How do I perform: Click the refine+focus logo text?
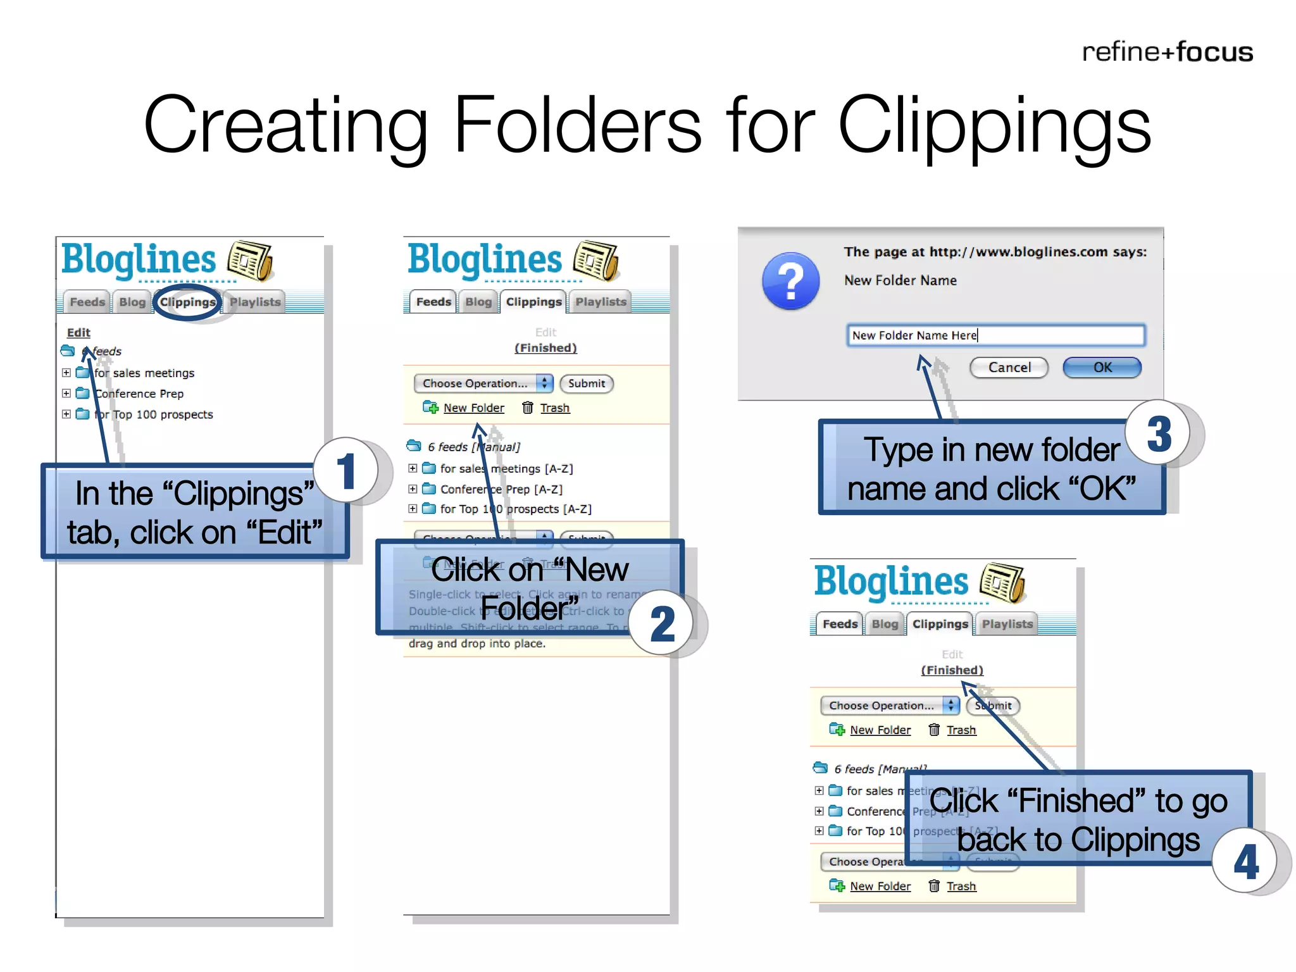[x=1167, y=52]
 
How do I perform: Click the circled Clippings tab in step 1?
[x=187, y=302]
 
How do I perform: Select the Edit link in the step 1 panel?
[x=78, y=332]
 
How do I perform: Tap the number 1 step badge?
[x=346, y=470]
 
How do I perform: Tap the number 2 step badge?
[x=662, y=623]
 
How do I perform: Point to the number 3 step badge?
[x=1158, y=434]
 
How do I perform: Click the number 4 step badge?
[x=1245, y=861]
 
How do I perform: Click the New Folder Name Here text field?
[x=995, y=335]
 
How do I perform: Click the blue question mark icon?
[x=790, y=281]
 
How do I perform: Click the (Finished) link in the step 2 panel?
[x=545, y=348]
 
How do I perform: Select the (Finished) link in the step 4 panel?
[x=952, y=670]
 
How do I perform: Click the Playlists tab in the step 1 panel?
[x=255, y=302]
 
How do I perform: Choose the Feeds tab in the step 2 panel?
[x=433, y=302]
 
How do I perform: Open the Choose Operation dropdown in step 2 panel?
[x=483, y=383]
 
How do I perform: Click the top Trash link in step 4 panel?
[x=961, y=730]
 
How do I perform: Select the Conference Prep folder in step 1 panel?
[x=139, y=394]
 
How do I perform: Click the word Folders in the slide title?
[x=577, y=125]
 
